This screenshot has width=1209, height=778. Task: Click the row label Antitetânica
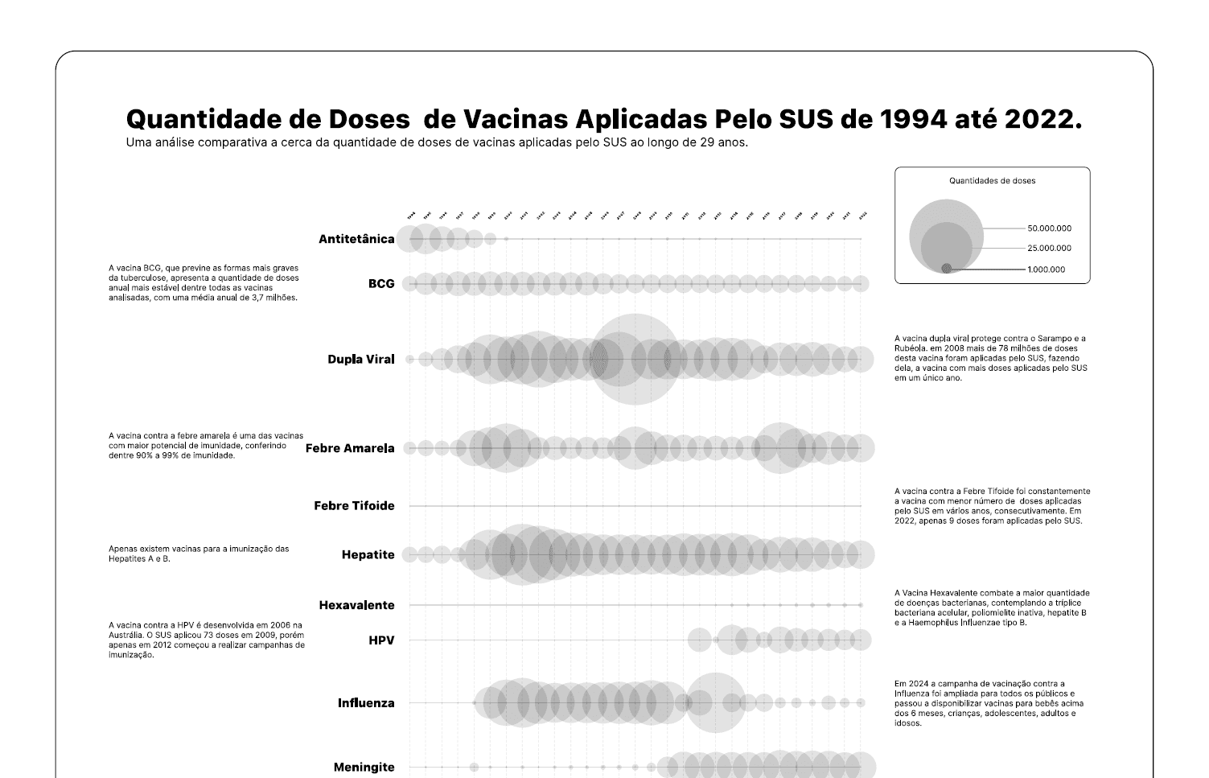click(x=356, y=239)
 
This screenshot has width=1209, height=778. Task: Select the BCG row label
click(x=381, y=283)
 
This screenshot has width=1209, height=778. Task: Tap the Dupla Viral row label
click(x=361, y=359)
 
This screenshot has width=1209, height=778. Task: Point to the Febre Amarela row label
click(x=350, y=448)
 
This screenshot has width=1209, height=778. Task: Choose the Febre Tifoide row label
click(x=354, y=506)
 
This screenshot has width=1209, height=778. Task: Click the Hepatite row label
click(x=368, y=554)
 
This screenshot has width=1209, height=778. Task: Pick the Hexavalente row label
click(x=356, y=605)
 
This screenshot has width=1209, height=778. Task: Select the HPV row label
click(x=381, y=640)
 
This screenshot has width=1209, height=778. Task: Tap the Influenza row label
click(x=366, y=703)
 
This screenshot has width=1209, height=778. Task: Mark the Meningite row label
click(x=364, y=768)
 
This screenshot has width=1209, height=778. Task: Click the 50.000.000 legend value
click(x=1049, y=228)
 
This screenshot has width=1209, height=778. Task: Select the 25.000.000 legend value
click(x=1049, y=249)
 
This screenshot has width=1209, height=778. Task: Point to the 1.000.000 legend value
click(x=1046, y=270)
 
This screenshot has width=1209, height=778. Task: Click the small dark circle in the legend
click(x=946, y=269)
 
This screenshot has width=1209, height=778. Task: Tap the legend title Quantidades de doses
click(x=992, y=181)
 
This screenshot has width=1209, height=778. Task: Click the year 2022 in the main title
click(x=1038, y=119)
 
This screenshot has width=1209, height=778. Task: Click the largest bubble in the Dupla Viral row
click(x=634, y=359)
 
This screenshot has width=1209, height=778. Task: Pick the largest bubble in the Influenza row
click(x=714, y=703)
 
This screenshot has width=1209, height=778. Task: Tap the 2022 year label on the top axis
click(x=862, y=216)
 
